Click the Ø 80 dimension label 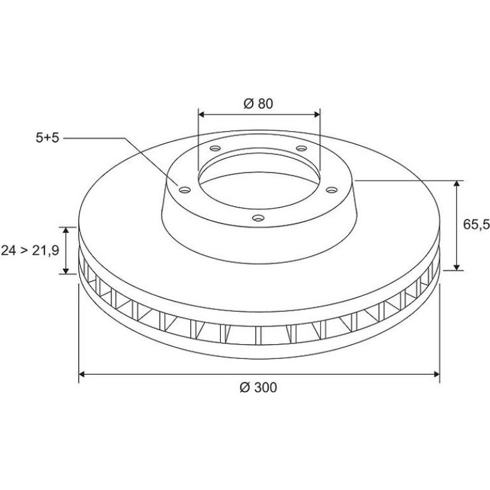[258, 104]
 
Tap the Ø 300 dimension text [258, 388]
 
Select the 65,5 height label [476, 224]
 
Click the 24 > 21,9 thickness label [30, 250]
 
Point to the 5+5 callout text [47, 138]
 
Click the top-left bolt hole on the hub [215, 148]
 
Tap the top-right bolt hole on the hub [302, 148]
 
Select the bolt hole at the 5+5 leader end [185, 190]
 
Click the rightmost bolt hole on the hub [332, 190]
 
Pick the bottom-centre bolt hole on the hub [258, 218]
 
